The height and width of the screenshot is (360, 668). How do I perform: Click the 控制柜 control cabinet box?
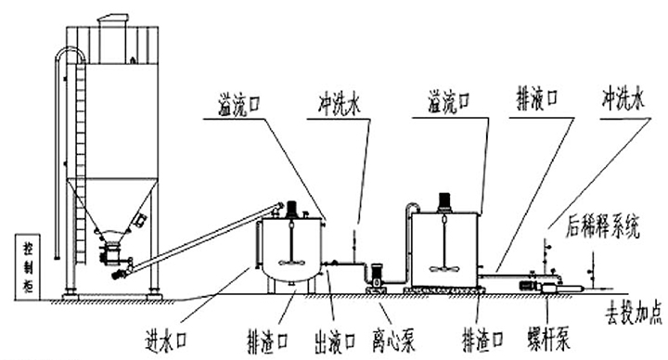[x=27, y=266]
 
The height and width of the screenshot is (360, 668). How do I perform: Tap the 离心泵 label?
[x=393, y=340]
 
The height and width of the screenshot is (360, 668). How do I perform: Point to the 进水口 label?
[x=166, y=341]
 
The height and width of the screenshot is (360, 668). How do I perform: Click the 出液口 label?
[x=335, y=340]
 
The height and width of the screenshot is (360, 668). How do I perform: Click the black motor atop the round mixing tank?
[x=292, y=209]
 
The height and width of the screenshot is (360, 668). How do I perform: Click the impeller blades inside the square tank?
[x=444, y=268]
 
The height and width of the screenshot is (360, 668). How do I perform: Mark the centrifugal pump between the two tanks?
[x=376, y=277]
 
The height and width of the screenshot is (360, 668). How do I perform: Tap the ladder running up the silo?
[x=80, y=161]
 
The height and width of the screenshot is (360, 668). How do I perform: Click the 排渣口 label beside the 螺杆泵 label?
[x=482, y=340]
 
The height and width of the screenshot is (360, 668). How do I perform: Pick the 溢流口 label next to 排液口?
[x=449, y=103]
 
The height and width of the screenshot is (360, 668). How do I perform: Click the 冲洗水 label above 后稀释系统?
[x=623, y=98]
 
